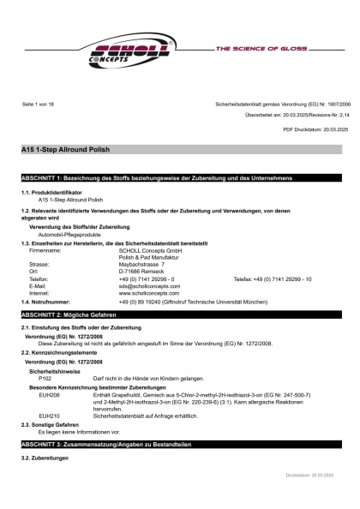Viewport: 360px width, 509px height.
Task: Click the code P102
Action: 45,378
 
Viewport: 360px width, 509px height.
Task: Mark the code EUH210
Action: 49,415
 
